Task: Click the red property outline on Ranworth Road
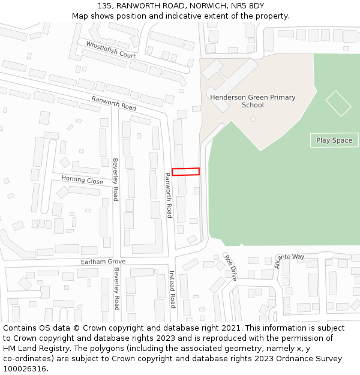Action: coord(185,172)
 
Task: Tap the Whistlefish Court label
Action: coord(110,49)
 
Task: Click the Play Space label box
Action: coord(334,140)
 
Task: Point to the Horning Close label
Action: coord(82,180)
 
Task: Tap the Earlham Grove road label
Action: coord(103,262)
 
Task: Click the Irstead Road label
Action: coord(172,289)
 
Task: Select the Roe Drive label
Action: coord(230,267)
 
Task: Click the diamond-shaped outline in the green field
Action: coord(338,103)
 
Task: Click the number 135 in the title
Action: coord(104,5)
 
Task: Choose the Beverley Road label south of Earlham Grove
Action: coord(116,289)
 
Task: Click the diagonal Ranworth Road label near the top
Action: coord(114,103)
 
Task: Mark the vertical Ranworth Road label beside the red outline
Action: coord(169,195)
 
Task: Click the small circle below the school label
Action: coord(253,119)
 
